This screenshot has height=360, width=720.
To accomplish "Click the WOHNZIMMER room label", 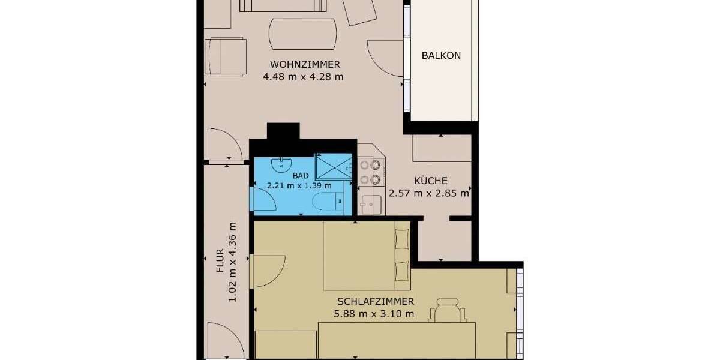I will [305, 64].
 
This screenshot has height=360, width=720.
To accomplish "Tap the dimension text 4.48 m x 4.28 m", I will [303, 76].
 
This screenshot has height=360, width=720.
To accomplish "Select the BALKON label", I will [441, 55].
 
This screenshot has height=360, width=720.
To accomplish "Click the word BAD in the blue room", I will [301, 175].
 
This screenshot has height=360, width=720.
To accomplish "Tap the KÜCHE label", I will [430, 181].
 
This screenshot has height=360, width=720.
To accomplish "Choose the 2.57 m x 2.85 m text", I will [428, 193].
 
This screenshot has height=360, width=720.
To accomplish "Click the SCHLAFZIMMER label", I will [375, 301].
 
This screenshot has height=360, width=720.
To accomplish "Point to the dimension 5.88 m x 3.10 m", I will [374, 313].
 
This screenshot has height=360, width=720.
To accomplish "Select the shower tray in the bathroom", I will [333, 166].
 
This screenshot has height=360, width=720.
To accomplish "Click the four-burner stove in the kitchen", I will [370, 172].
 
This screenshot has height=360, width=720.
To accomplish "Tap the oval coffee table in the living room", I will [303, 34].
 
